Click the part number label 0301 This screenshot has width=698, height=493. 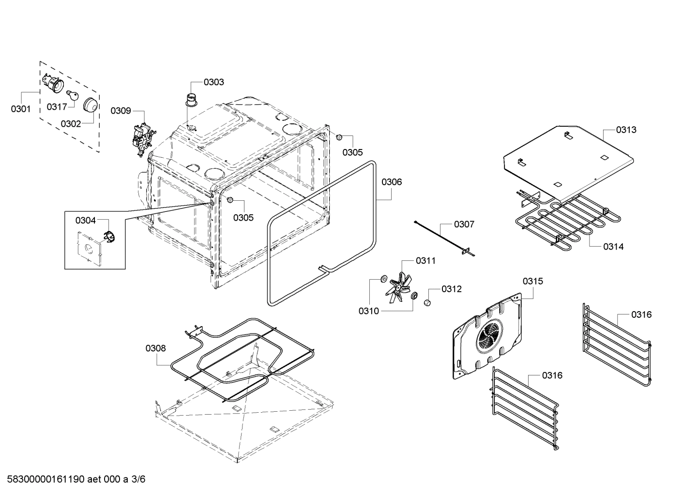coord(20,109)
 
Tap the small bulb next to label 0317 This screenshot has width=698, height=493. coord(74,95)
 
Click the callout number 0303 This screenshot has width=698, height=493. coord(213,82)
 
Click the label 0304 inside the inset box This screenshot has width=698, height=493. coord(85,220)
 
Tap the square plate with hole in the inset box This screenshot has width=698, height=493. coord(90,248)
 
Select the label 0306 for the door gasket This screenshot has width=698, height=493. coord(391,182)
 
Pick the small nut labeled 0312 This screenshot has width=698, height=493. coord(427,303)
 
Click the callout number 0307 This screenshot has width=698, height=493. coord(464,224)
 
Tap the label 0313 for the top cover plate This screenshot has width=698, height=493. coord(626,130)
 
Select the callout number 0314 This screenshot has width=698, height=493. coord(613,246)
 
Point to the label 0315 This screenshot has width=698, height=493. coord(532,281)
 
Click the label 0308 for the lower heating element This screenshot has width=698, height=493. coord(155,348)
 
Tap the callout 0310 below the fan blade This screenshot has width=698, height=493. coord(368,311)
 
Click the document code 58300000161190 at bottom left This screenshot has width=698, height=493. coord(45,479)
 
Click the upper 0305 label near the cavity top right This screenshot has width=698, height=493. coord(352,152)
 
